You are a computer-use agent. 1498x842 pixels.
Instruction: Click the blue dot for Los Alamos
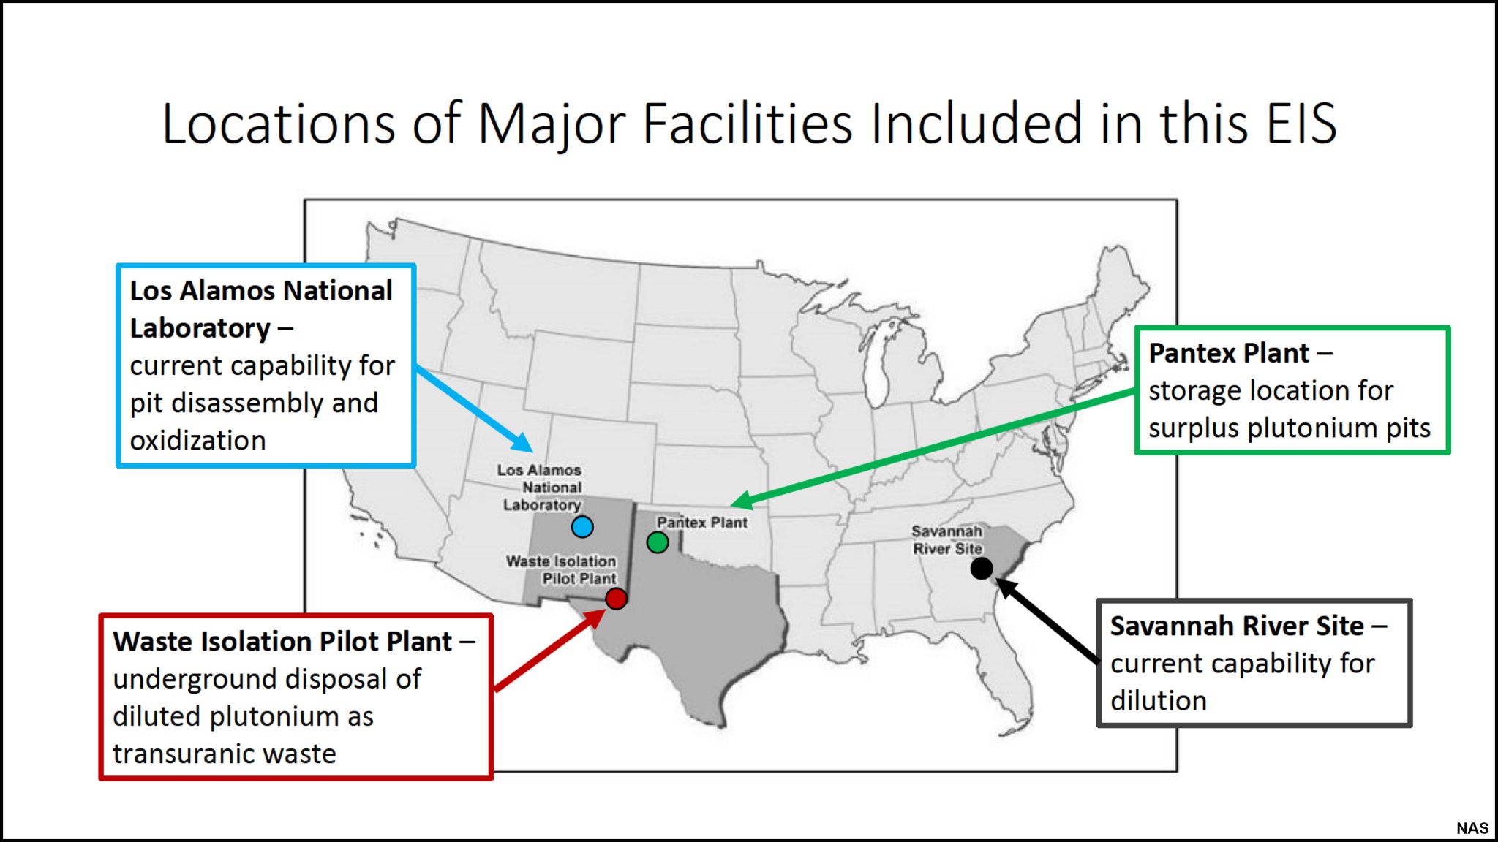pos(582,526)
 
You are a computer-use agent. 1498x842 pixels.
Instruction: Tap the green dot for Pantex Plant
pos(658,542)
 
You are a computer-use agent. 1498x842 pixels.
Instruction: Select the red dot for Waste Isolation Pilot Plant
pos(616,599)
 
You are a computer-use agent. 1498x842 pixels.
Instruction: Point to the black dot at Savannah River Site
pos(981,568)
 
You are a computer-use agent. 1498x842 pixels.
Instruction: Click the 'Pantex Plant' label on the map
pos(701,523)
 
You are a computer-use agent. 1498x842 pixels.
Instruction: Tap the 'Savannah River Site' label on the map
pos(947,540)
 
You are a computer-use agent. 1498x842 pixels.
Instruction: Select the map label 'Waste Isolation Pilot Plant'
pos(561,570)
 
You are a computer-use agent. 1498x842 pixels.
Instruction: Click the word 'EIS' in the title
pos(1301,124)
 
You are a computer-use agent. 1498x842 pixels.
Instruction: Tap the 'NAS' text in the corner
pos(1472,828)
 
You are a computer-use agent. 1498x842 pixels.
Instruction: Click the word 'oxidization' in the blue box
pos(197,441)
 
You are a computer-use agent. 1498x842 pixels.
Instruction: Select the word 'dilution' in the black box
pos(1158,701)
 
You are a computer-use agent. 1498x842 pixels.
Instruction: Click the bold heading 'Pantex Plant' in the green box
pos(1229,353)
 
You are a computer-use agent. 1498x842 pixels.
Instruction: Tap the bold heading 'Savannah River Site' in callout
pos(1237,626)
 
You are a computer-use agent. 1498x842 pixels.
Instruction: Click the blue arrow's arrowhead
pos(524,443)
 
